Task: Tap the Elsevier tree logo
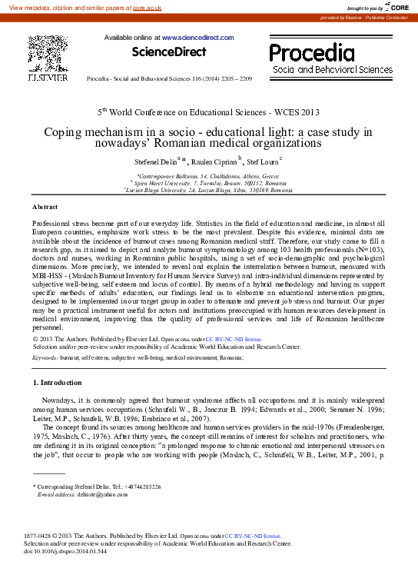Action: (48, 54)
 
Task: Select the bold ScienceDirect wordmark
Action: (169, 52)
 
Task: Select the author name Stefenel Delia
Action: (157, 163)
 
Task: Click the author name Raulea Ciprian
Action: (214, 163)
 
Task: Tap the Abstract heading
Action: (45, 207)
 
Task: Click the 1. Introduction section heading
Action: (57, 383)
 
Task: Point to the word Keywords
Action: (45, 357)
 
